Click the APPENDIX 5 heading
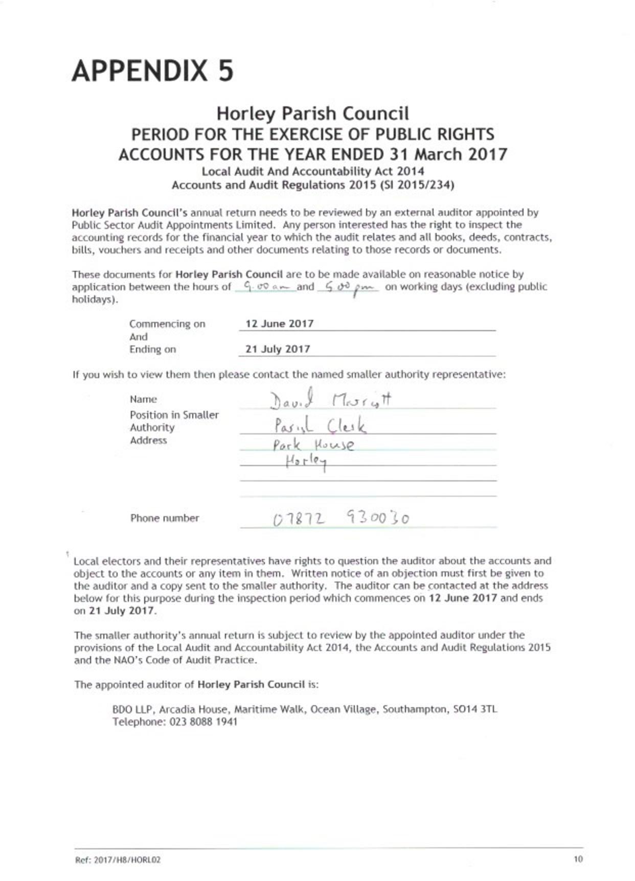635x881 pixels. click(152, 71)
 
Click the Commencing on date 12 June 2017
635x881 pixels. click(279, 323)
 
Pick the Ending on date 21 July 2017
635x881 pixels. click(278, 349)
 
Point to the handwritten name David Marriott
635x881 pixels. click(330, 401)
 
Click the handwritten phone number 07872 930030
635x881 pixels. click(341, 519)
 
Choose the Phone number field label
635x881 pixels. click(164, 518)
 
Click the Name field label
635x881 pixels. click(143, 399)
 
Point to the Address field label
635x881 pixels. click(148, 440)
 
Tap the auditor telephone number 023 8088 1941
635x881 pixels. click(203, 722)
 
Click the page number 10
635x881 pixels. click(578, 859)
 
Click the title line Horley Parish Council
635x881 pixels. click(312, 113)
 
